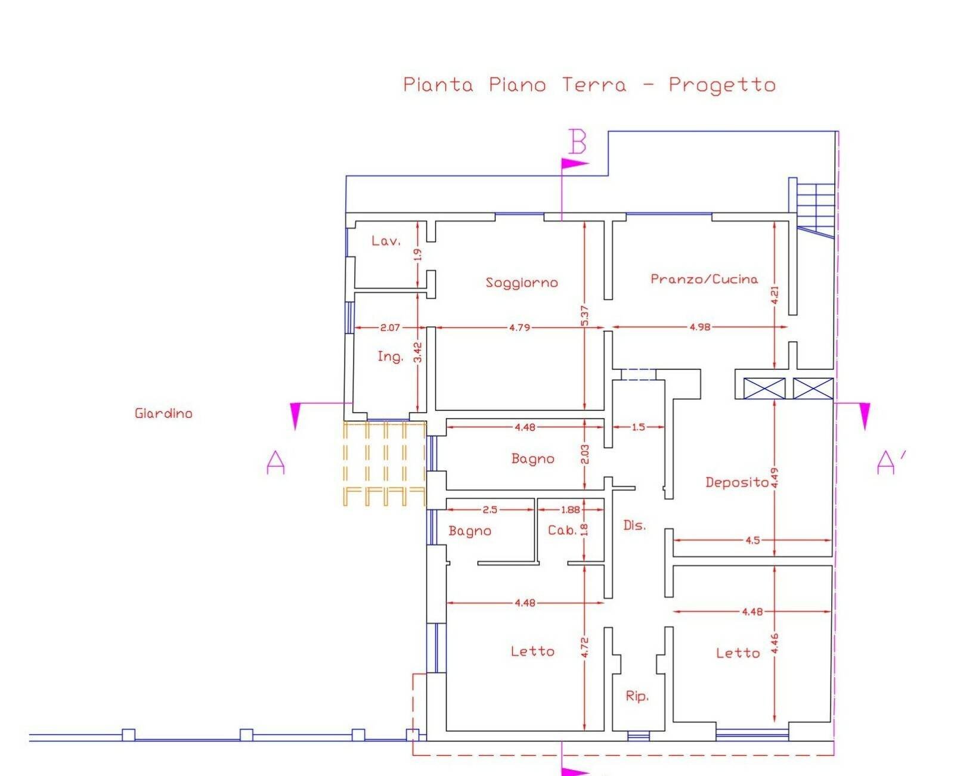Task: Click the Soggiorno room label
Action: (522, 283)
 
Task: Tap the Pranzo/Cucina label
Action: (704, 279)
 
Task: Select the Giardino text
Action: (163, 413)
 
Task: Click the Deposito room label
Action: (737, 482)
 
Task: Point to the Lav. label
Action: (386, 241)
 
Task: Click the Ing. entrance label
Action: (390, 356)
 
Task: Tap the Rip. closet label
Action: (637, 696)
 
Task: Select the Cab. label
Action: (562, 530)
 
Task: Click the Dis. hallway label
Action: (634, 525)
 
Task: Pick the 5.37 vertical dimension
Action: (584, 316)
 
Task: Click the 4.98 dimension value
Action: (700, 327)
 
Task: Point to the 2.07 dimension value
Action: (390, 327)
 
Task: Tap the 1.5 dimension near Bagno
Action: (638, 427)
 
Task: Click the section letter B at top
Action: (577, 142)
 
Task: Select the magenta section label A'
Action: (890, 463)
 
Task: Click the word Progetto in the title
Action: (721, 85)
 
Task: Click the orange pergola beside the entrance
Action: (385, 464)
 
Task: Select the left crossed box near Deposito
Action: (764, 389)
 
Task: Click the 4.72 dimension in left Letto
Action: (584, 648)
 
